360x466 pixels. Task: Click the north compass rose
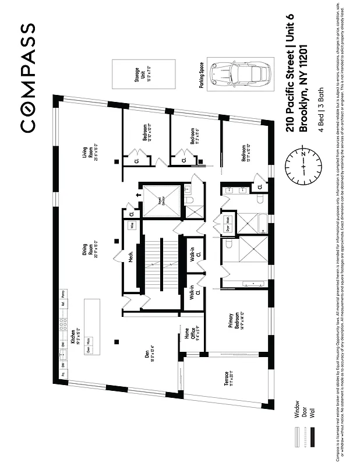click(303, 166)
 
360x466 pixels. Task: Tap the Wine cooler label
click(132, 225)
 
